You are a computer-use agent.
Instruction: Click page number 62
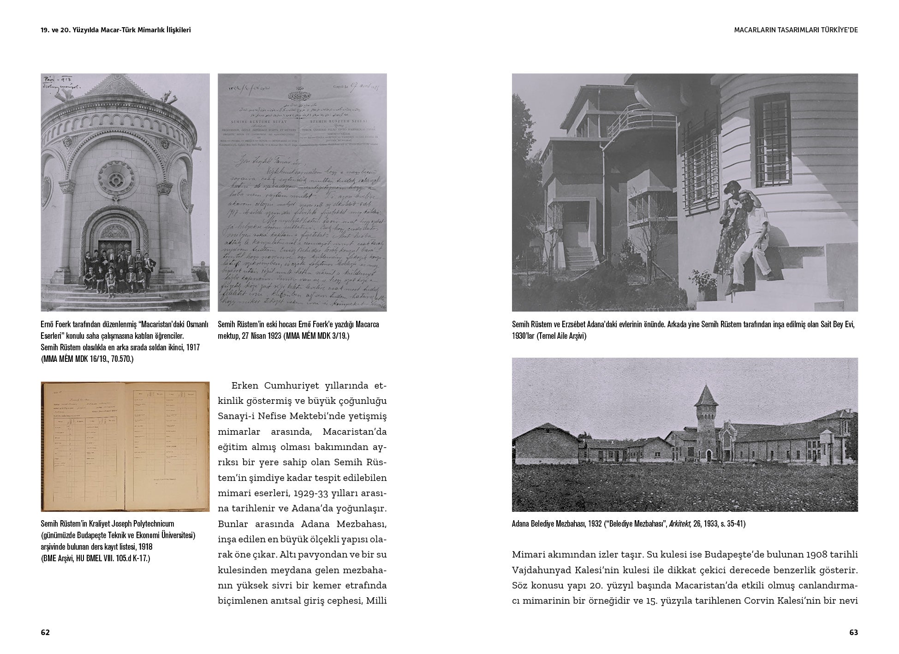click(45, 632)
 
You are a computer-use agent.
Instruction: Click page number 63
click(853, 632)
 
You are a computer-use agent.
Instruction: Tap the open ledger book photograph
click(125, 446)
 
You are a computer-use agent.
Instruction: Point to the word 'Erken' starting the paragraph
click(245, 385)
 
